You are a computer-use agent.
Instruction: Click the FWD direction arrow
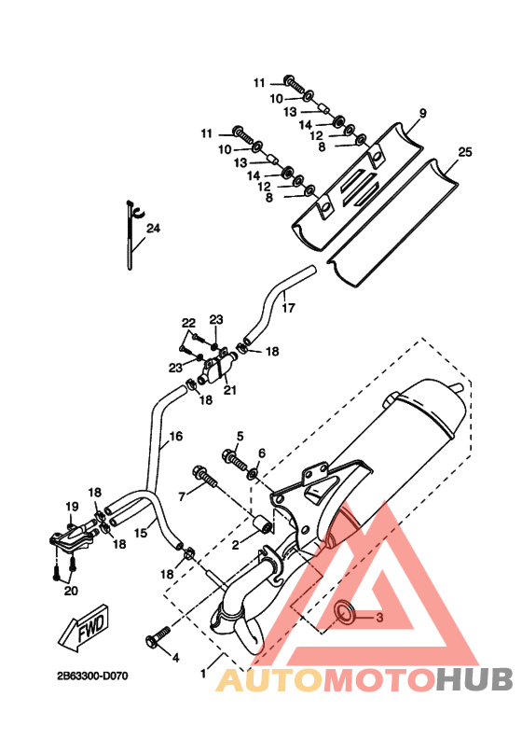[x=84, y=629]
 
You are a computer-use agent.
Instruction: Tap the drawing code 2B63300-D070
[x=92, y=676]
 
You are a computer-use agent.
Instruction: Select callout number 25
[x=464, y=152]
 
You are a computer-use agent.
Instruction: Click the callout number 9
[x=422, y=113]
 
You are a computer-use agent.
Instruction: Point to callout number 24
[x=153, y=228]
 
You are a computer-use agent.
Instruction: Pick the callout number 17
[x=288, y=308]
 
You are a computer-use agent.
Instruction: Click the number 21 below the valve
[x=229, y=390]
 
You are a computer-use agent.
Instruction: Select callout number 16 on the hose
[x=175, y=436]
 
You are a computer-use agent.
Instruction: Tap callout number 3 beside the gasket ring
[x=379, y=617]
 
